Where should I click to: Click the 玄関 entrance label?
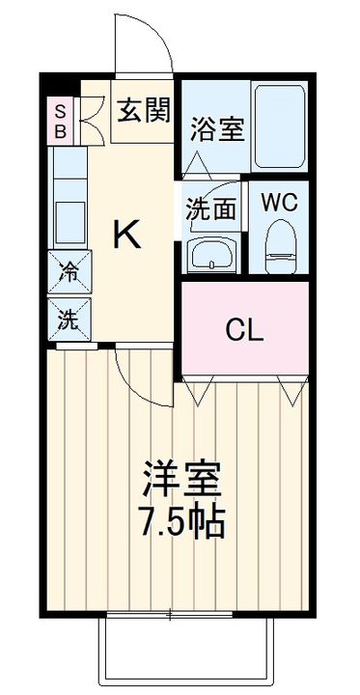click(144, 110)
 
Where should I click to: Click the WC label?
click(277, 203)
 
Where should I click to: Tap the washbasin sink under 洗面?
click(210, 256)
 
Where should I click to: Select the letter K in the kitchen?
click(128, 235)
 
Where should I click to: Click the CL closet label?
click(245, 330)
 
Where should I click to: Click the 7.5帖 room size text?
click(181, 523)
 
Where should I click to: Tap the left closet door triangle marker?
click(202, 390)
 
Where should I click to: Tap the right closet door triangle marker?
click(290, 390)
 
